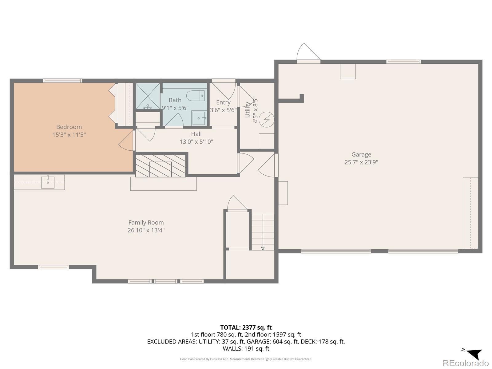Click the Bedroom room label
tap(69, 127)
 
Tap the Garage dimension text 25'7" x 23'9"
tap(361, 162)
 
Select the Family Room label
tap(146, 222)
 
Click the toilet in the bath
tap(196, 96)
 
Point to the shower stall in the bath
tap(148, 96)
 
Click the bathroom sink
tap(199, 118)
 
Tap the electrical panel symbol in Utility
tap(266, 119)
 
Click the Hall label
tap(196, 134)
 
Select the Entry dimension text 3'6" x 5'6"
tap(223, 110)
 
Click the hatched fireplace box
tap(161, 165)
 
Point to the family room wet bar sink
tap(48, 182)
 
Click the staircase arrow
tap(263, 232)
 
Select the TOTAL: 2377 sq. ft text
tap(246, 327)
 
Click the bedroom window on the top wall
tap(62, 81)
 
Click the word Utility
tap(248, 109)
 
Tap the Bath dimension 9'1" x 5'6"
tap(175, 108)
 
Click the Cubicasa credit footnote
tap(246, 359)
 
